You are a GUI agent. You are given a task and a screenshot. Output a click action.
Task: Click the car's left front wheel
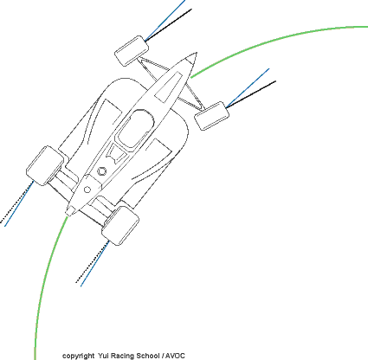[132, 51]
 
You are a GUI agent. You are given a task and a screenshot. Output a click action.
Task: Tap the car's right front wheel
[212, 116]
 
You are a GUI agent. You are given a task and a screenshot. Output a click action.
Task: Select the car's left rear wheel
[45, 165]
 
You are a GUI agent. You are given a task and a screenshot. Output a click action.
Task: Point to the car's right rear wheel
[120, 226]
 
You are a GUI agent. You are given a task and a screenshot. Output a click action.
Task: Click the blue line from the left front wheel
[165, 20]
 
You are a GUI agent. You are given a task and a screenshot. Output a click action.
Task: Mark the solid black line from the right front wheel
[251, 94]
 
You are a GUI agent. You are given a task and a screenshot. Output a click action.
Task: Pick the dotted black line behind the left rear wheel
[16, 202]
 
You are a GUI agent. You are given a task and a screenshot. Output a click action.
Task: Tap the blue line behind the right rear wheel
[94, 263]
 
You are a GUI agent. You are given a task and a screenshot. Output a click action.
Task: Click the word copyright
[78, 356]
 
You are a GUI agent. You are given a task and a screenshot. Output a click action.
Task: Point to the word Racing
[122, 356]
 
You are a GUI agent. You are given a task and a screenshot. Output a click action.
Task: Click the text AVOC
[175, 356]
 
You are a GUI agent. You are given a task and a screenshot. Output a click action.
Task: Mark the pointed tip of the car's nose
[197, 53]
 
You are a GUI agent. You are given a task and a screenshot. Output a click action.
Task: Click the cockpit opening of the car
[135, 129]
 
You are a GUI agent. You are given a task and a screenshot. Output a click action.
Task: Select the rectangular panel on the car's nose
[169, 87]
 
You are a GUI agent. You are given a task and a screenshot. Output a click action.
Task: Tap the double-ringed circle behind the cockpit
[101, 171]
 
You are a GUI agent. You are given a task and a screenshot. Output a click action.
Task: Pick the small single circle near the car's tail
[87, 190]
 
